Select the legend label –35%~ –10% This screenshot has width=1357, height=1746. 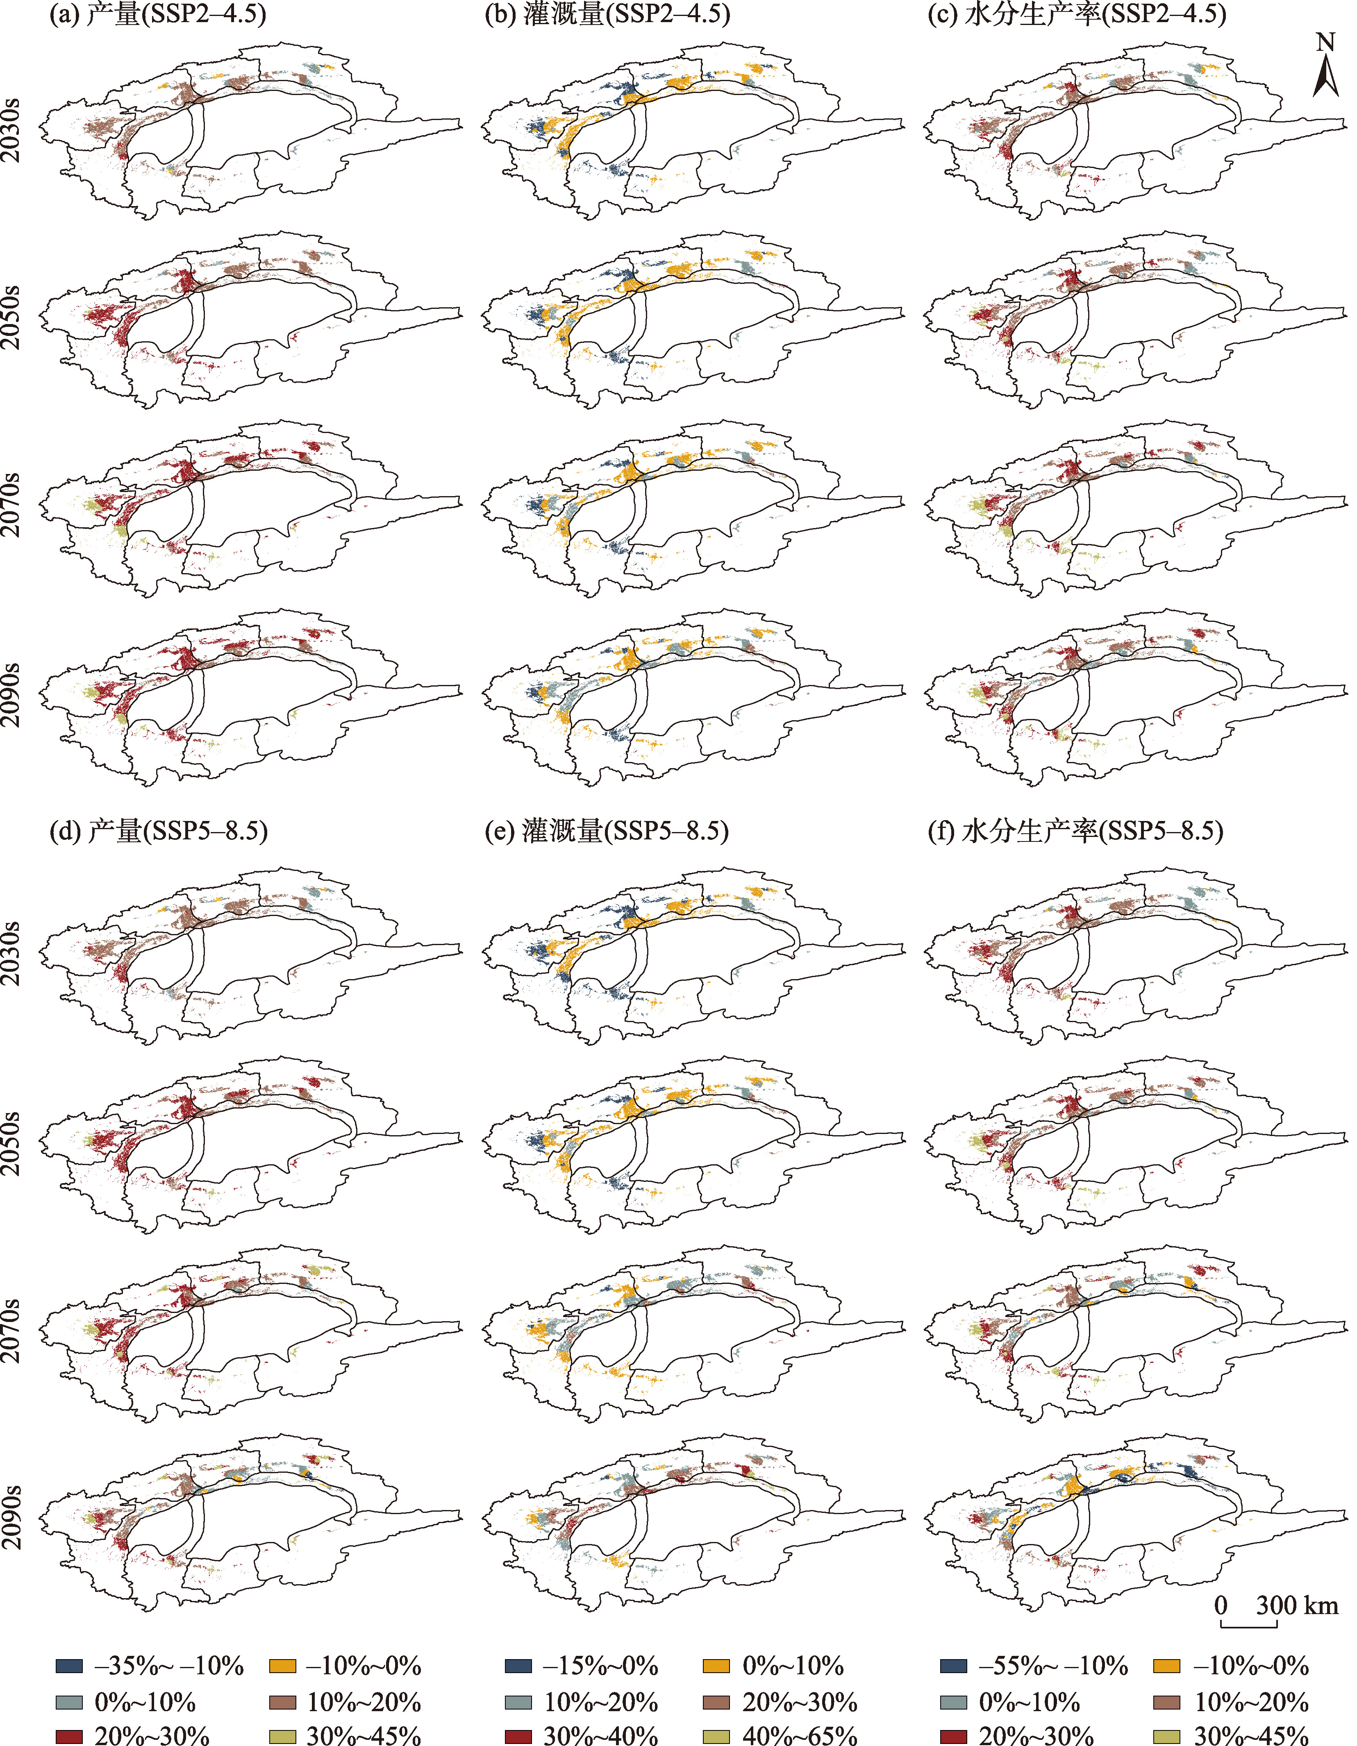pos(169,1666)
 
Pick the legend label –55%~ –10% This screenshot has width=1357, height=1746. pos(1053,1666)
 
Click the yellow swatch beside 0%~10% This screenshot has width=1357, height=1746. pos(716,1666)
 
